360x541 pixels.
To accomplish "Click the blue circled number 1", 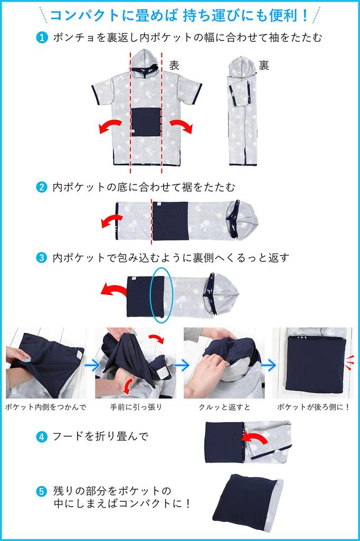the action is (x=42, y=38).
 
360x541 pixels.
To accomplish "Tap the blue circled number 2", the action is (x=42, y=188).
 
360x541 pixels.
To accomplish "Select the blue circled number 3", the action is (x=42, y=258).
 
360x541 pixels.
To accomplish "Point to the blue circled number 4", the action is (x=42, y=437).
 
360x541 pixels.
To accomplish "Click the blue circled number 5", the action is (x=42, y=491).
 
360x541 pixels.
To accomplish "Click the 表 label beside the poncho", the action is (x=174, y=65).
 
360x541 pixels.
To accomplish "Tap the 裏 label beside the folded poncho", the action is (x=264, y=65).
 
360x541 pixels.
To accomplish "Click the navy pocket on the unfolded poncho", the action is (x=146, y=122).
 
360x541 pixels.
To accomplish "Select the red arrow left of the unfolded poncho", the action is (x=110, y=126).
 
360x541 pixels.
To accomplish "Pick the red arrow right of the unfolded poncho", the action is (x=182, y=126).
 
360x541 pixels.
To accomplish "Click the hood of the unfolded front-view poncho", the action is (x=146, y=62).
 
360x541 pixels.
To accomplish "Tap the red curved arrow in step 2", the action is (x=112, y=221).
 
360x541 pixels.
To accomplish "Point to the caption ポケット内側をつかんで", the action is (x=45, y=407).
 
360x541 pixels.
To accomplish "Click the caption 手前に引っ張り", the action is (x=136, y=407).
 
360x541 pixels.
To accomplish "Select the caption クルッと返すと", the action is (x=224, y=407).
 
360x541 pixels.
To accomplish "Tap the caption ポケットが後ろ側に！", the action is (x=314, y=407).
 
